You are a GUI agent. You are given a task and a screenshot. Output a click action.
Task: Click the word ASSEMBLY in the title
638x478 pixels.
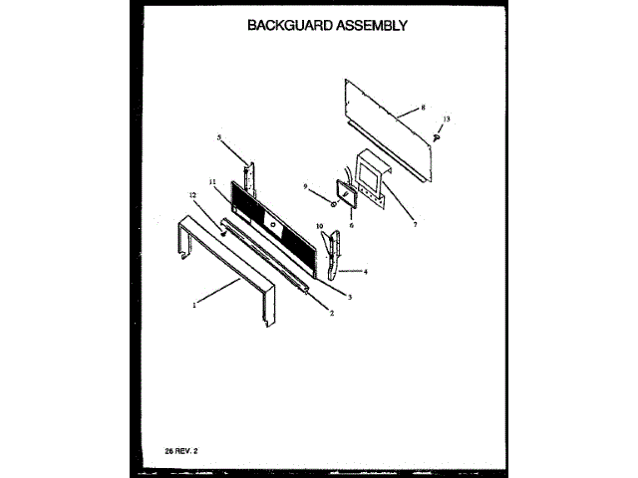[370, 26]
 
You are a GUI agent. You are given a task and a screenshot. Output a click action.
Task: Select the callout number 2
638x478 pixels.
[332, 313]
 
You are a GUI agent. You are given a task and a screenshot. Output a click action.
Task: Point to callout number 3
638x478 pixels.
[350, 296]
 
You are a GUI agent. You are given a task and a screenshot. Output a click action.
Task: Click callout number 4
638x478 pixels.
[366, 271]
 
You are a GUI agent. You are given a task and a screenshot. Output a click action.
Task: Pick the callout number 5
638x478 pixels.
[218, 136]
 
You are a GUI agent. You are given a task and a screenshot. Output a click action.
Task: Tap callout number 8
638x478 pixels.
[424, 107]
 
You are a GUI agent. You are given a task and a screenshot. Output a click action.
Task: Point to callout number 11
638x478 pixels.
[212, 180]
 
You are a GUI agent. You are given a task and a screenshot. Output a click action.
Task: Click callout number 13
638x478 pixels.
[447, 119]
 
